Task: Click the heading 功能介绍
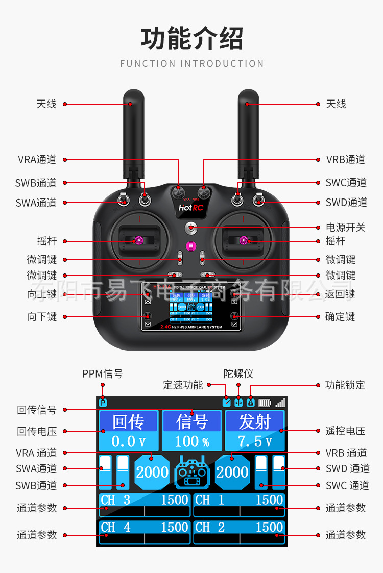pos(192,39)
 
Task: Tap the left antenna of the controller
pos(134,133)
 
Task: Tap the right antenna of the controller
pos(249,133)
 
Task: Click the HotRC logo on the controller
pos(191,208)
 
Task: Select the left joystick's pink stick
pos(139,240)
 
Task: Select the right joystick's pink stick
pos(244,240)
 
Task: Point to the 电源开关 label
pos(346,227)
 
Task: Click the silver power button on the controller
pos(191,227)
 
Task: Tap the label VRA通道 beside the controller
pos(37,159)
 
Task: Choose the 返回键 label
pos(340,294)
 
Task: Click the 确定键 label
pos(340,316)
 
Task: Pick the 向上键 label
pos(42,294)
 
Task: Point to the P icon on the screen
pos(103,403)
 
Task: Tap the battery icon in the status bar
pos(265,403)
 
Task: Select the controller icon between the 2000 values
pos(192,472)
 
